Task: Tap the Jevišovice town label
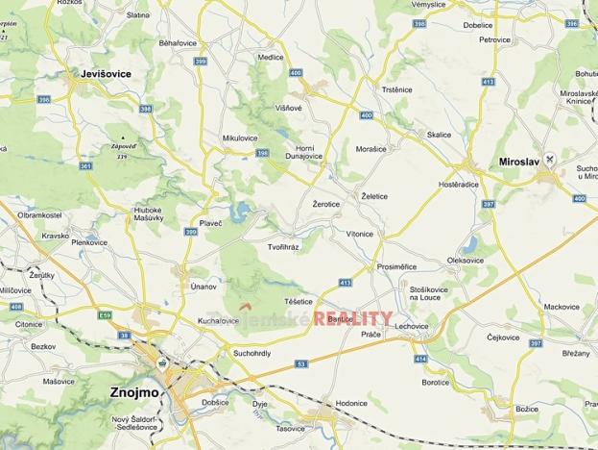(x=106, y=73)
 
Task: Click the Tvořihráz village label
(x=283, y=247)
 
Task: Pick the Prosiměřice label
(x=397, y=266)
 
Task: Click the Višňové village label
(x=289, y=108)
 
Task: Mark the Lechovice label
(x=411, y=326)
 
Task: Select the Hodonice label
(x=351, y=405)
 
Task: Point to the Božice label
(x=499, y=409)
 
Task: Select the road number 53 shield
(x=300, y=364)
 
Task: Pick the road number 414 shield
(x=420, y=359)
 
